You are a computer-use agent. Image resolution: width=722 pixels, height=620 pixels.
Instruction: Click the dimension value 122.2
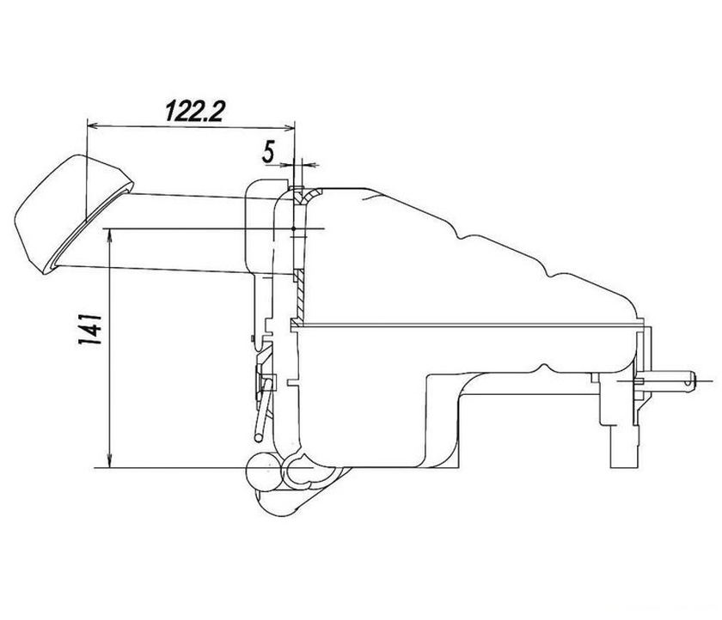(x=194, y=111)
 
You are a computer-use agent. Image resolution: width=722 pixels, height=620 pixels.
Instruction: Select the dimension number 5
(x=268, y=152)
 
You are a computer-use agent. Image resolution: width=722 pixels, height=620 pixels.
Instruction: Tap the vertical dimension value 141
(x=89, y=329)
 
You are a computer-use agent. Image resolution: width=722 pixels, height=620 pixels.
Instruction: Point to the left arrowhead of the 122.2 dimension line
(x=93, y=125)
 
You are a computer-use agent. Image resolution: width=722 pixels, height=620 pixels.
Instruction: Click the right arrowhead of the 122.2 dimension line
(x=289, y=128)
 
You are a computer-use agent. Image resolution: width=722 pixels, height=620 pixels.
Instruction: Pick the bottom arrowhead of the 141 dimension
(x=110, y=461)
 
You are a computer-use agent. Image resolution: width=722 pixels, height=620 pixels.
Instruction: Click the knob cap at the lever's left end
(x=69, y=211)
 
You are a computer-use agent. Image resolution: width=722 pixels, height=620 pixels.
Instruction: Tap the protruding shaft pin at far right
(x=670, y=380)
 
